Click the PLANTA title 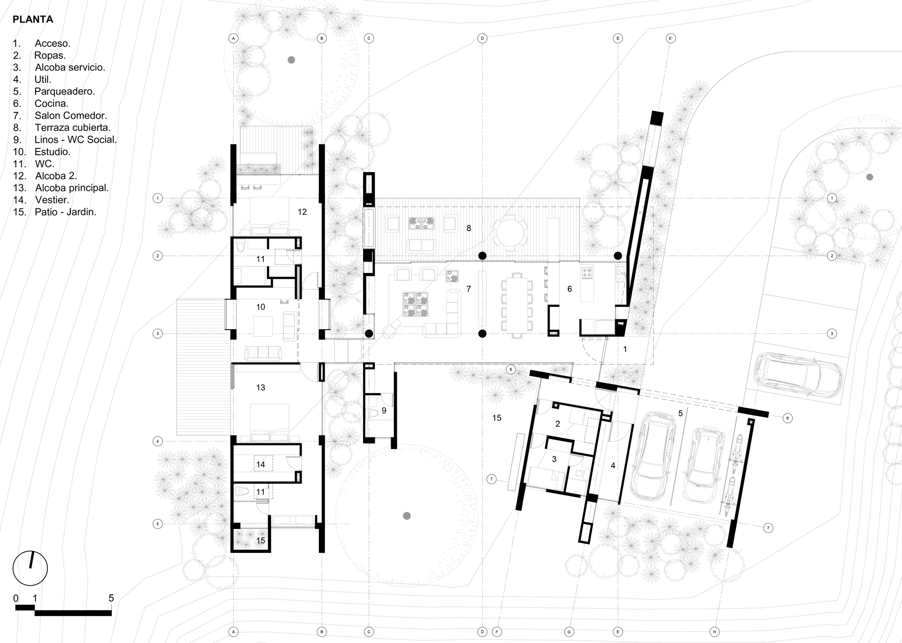33,19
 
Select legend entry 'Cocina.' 51,103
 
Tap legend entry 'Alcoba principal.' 72,188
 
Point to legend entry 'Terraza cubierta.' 73,128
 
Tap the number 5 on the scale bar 111,598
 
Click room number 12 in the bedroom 302,211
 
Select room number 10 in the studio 261,307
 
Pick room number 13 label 261,387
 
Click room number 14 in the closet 261,464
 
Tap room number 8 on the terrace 469,228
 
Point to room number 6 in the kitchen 570,289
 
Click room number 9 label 384,410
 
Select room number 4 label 613,466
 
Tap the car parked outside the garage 797,374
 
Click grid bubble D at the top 482,38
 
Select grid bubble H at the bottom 714,632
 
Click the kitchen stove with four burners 588,272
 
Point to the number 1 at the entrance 625,349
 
